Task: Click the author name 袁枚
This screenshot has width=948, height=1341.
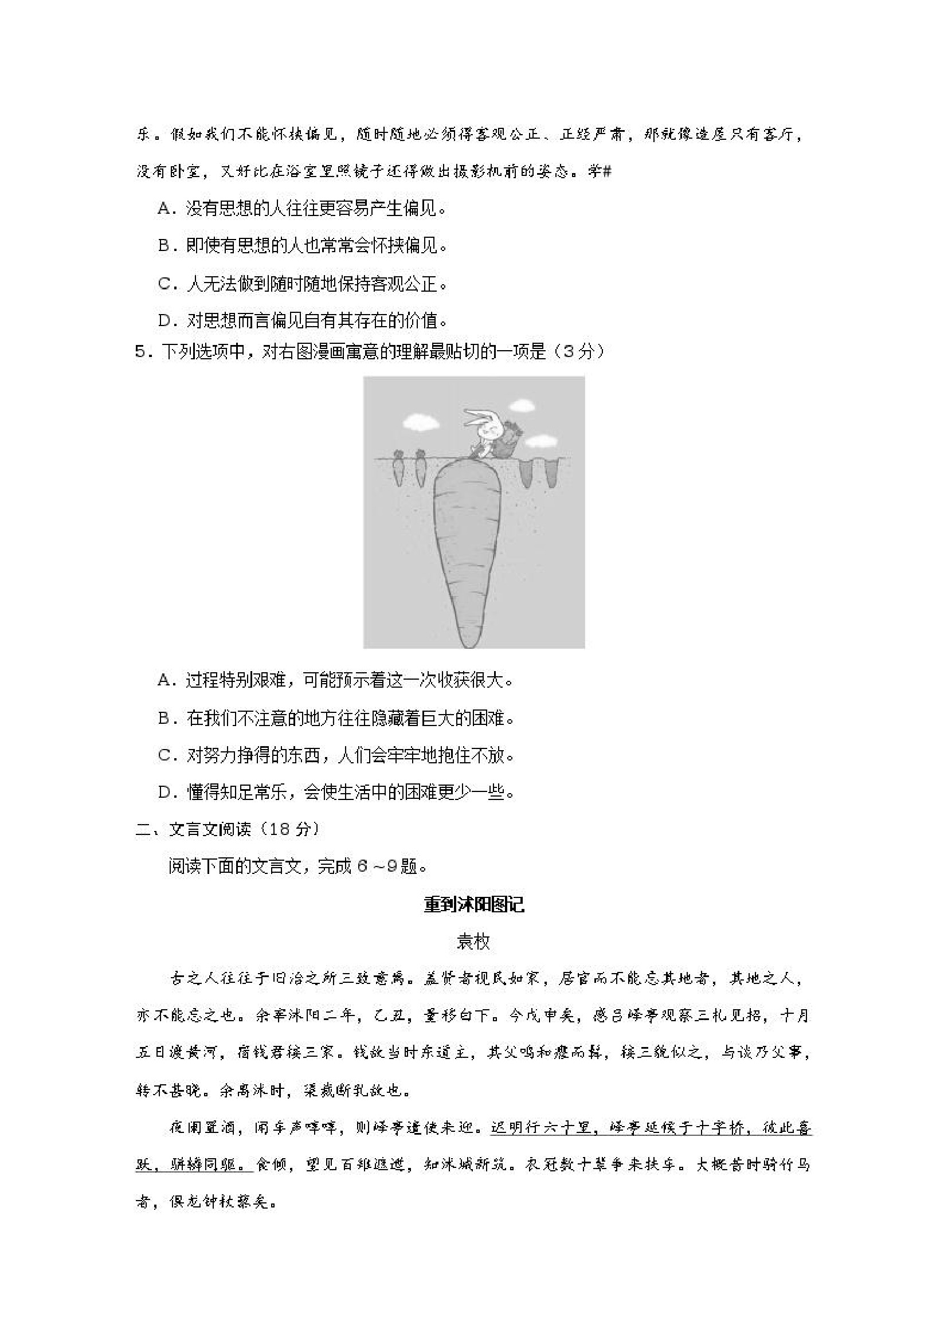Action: point(473,942)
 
